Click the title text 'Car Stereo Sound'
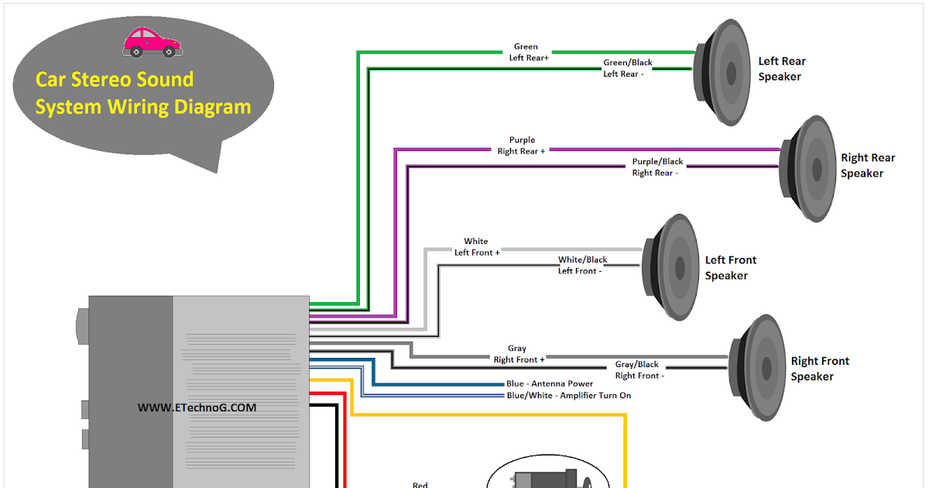click(x=115, y=80)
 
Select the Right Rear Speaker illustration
click(x=809, y=168)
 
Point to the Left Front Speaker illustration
click(x=670, y=267)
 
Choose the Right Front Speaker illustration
click(x=757, y=367)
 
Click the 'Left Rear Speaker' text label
click(x=782, y=69)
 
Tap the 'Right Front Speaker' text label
click(x=819, y=369)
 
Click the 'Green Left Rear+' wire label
click(x=528, y=52)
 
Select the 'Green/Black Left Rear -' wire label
click(x=627, y=68)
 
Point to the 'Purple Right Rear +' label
click(x=521, y=146)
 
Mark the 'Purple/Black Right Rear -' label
click(x=657, y=167)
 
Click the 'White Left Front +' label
click(x=476, y=247)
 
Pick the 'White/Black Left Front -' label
click(x=582, y=265)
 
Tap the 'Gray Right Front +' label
click(x=518, y=354)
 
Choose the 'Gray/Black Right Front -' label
click(x=638, y=369)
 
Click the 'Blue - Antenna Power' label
click(x=550, y=383)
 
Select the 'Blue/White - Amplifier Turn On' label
click(x=568, y=396)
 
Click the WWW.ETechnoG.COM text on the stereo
click(x=197, y=407)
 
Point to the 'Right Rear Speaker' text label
click(x=867, y=166)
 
